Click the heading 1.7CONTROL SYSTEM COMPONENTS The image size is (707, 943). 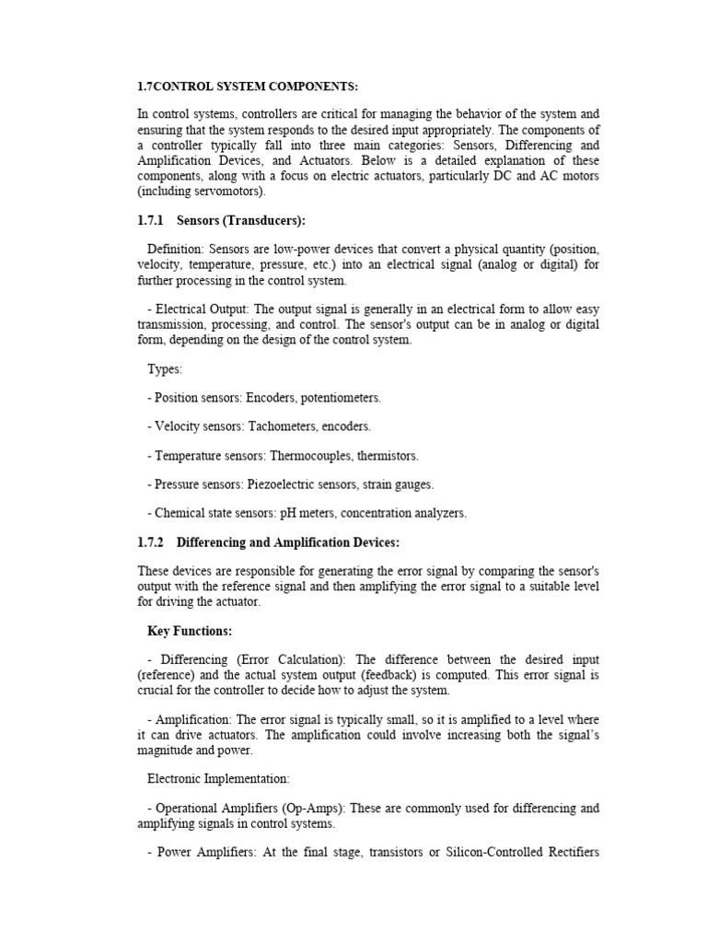[248, 86]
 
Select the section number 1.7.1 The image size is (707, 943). [152, 221]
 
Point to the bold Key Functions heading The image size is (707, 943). [190, 631]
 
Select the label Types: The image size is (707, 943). [165, 369]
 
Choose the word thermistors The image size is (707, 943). [384, 456]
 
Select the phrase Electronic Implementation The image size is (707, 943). [217, 778]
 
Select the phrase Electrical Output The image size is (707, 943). [198, 309]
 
